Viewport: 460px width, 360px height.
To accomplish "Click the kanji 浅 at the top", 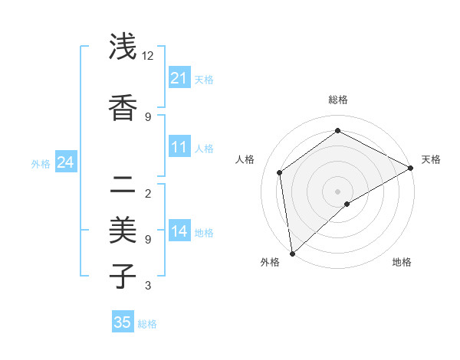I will (x=123, y=47).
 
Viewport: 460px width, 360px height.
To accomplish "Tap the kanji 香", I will (x=123, y=108).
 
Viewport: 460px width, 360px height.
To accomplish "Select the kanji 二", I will (x=123, y=185).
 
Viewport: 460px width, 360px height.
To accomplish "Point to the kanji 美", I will (x=123, y=230).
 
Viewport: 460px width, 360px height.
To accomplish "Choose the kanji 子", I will (x=123, y=275).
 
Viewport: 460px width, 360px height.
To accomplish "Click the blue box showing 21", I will (x=179, y=78).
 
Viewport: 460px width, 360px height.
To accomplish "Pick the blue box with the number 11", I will (x=179, y=147).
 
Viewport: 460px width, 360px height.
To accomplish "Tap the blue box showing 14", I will (x=179, y=231).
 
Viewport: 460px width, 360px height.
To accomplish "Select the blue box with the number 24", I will (x=65, y=162).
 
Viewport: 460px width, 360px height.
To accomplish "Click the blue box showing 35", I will (x=123, y=322).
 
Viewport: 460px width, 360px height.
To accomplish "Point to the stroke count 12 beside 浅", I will (x=147, y=56).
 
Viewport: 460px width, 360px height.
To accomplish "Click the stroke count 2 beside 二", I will (x=147, y=193).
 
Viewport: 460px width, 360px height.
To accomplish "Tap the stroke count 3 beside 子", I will (x=147, y=286).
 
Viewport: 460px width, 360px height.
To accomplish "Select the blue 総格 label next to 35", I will (x=147, y=324).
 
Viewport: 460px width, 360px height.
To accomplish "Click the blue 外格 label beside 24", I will (x=41, y=163).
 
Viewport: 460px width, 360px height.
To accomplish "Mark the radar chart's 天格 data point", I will (x=411, y=169).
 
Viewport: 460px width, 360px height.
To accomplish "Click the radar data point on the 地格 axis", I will (x=347, y=204).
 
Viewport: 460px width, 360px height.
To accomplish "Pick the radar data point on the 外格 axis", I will (x=292, y=253).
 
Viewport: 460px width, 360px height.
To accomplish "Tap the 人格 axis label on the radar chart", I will (x=245, y=159).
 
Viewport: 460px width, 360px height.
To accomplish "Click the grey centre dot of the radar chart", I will (x=337, y=191).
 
